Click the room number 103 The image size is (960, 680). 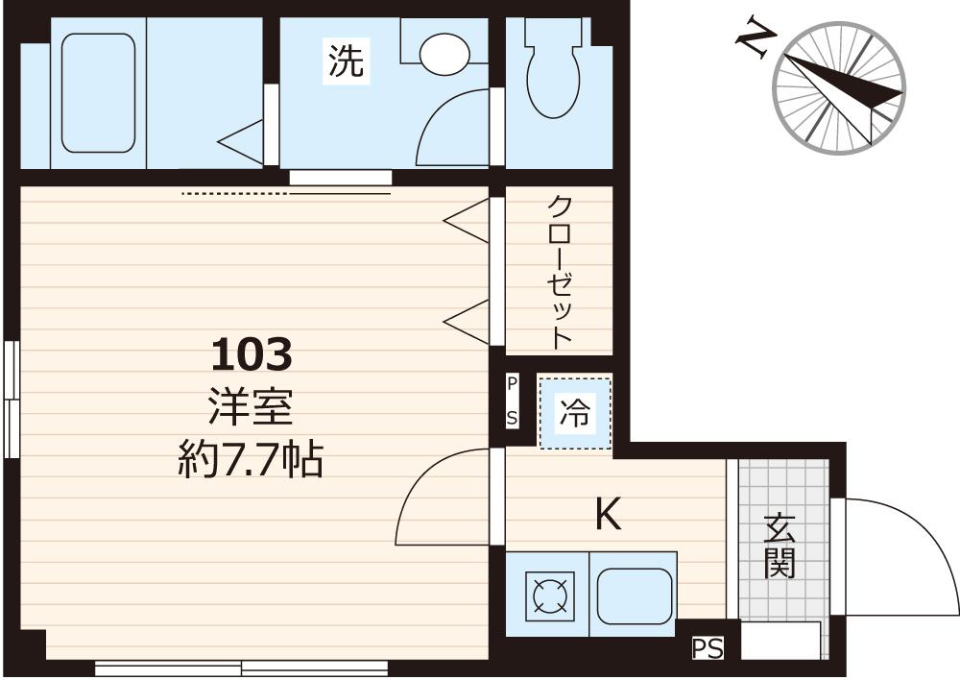[x=251, y=356]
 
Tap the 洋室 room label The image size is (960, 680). [x=251, y=410]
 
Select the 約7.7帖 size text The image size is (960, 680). [x=251, y=462]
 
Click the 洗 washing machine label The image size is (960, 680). [x=347, y=62]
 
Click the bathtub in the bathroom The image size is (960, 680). [x=98, y=93]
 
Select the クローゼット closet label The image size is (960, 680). [x=560, y=271]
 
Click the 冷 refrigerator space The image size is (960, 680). [x=574, y=413]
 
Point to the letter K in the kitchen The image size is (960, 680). [x=608, y=516]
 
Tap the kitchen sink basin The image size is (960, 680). [x=633, y=595]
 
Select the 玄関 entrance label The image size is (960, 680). [x=780, y=546]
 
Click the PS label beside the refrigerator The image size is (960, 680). [x=513, y=401]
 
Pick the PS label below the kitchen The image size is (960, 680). [x=708, y=649]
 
